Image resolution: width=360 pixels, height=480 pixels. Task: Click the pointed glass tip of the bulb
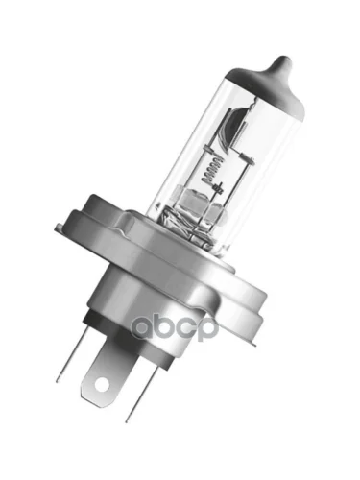(x=282, y=60)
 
